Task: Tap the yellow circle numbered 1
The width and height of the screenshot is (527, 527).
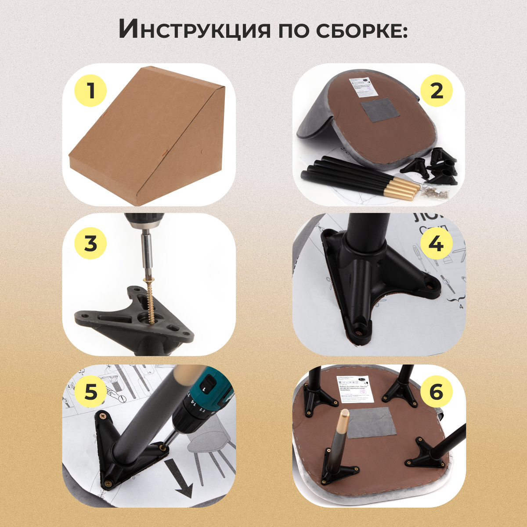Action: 90,91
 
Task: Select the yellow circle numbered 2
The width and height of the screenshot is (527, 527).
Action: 436,91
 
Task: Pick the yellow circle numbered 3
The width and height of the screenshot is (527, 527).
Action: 90,243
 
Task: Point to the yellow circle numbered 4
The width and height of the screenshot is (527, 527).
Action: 436,243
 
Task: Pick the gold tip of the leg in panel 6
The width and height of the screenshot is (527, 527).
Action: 344,419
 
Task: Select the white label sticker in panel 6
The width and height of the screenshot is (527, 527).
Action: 355,389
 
